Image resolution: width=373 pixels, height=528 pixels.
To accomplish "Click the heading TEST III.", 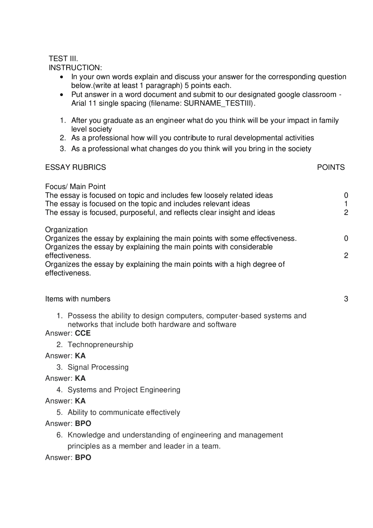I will tap(63, 58).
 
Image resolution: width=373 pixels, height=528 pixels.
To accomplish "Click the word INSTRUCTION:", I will tap(75, 68).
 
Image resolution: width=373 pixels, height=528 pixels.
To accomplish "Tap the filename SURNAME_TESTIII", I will tap(217, 104).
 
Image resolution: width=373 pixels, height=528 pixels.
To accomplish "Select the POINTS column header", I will tap(331, 167).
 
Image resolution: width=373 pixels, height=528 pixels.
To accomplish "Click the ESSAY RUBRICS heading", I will tap(75, 167).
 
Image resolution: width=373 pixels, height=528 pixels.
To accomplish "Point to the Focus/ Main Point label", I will tap(75, 187).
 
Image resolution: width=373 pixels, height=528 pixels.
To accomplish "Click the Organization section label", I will tap(66, 230).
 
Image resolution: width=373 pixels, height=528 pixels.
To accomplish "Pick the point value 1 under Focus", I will tap(346, 204).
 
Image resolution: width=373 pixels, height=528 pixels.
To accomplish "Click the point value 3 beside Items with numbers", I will tap(346, 299).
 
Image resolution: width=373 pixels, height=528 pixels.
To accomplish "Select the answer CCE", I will tap(83, 333).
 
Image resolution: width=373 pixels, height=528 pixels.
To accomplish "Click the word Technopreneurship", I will tap(100, 345).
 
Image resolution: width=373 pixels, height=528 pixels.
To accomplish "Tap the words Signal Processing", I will tap(98, 367).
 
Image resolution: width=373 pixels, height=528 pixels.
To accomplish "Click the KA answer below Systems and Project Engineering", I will tap(80, 401).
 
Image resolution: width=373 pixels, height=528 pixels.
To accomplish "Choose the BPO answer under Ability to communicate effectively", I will tap(83, 424).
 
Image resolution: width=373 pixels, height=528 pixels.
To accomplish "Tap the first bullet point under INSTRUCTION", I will tap(61, 77).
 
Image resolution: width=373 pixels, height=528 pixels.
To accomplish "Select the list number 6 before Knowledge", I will tap(59, 435).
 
